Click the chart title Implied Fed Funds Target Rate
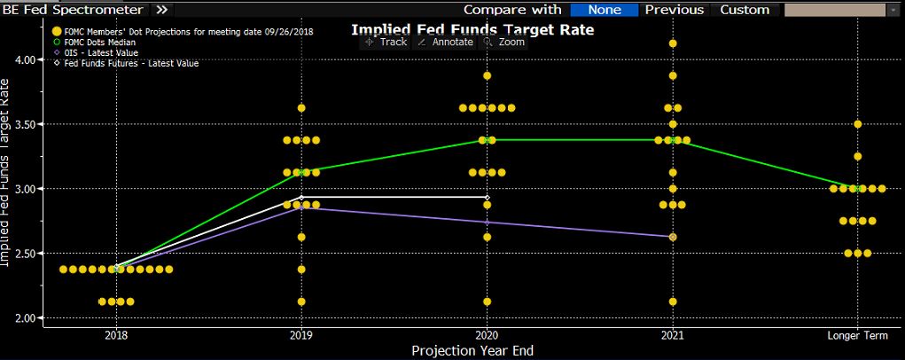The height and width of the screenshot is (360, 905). [472, 29]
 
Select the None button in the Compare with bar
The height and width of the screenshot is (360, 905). [603, 10]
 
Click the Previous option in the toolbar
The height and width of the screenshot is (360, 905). [674, 10]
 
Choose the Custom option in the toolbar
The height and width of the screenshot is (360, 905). [745, 10]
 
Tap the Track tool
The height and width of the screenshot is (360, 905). [386, 42]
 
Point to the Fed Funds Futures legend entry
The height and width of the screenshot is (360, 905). [126, 64]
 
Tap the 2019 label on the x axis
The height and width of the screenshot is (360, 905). [301, 335]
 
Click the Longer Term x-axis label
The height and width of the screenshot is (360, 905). [857, 335]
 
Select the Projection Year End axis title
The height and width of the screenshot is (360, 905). [472, 350]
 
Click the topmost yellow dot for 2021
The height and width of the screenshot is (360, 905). [673, 43]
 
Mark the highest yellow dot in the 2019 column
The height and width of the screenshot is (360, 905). [301, 108]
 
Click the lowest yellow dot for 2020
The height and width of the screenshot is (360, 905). [487, 301]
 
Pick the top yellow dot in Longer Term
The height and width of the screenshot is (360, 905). [857, 124]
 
